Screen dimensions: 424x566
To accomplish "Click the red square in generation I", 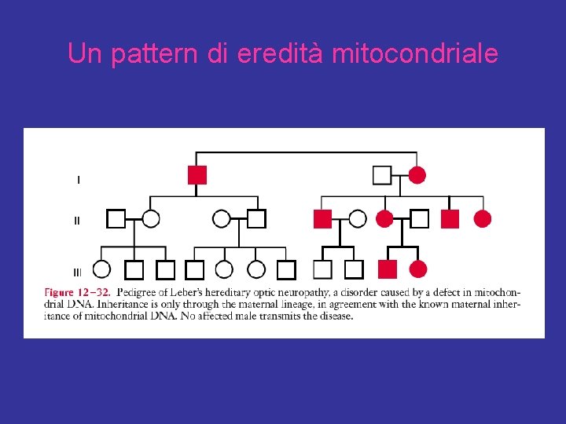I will pyautogui.click(x=197, y=174).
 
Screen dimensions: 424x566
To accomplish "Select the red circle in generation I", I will pyautogui.click(x=417, y=174).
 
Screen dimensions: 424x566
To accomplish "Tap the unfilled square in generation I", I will pyautogui.click(x=382, y=174).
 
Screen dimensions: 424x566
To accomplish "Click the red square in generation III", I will pyautogui.click(x=388, y=269).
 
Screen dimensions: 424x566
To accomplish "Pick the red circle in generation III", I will pyautogui.click(x=418, y=269).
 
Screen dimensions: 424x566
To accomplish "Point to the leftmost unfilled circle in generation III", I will pyautogui.click(x=101, y=269).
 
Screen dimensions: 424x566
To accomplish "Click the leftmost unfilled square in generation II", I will pyautogui.click(x=116, y=219).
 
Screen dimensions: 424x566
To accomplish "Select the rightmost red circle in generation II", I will pyautogui.click(x=483, y=219).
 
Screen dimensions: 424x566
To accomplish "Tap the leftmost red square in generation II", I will pyautogui.click(x=322, y=219).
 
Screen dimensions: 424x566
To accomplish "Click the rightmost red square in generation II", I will pyautogui.click(x=450, y=219).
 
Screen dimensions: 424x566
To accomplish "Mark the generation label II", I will pyautogui.click(x=76, y=221).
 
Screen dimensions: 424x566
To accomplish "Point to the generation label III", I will pyautogui.click(x=77, y=272).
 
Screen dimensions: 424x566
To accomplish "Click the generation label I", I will pyautogui.click(x=78, y=180).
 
